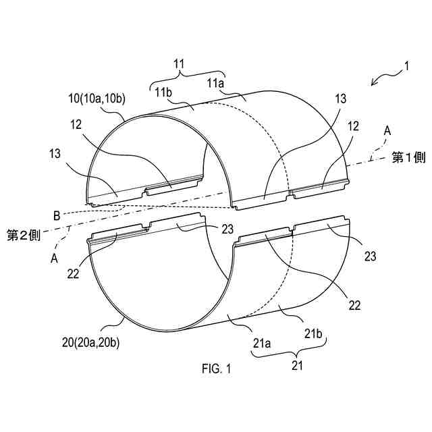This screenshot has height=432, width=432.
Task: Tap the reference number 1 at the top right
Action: pos(406,66)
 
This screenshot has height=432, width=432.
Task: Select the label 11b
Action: pos(165,92)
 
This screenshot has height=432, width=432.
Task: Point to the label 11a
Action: pos(216,83)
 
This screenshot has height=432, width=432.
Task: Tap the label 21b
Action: pos(313,334)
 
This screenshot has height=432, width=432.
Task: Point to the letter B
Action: pos(57,215)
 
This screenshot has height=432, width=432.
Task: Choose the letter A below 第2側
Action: pos(55,257)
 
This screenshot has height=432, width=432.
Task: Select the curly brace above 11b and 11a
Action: pos(186,74)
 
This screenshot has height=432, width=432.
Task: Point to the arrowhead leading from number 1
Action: pos(373,84)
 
